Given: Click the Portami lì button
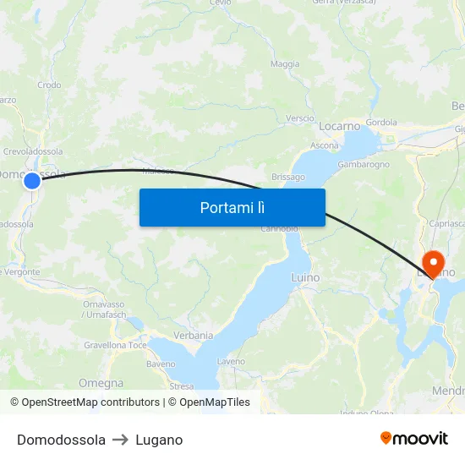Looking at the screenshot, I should [232, 207].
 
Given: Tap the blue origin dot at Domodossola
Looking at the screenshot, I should [32, 180].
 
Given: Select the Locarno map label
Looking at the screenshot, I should [339, 126].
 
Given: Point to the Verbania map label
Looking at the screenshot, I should [193, 335].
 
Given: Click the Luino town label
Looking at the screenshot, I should [304, 277].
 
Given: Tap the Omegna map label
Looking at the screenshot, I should [101, 383].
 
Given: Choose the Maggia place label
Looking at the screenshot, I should [285, 64].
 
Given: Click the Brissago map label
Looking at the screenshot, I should [287, 177].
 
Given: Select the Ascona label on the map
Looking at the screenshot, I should [325, 145].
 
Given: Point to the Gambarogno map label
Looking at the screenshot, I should [363, 164].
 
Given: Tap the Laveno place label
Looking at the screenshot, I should [231, 362].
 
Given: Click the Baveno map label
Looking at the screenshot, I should [161, 364].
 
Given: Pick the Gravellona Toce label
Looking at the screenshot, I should [115, 346].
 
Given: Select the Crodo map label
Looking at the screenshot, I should [49, 85].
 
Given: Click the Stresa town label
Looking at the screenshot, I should [181, 386].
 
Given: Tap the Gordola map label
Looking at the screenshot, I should [381, 122].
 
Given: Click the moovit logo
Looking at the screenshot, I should [413, 439].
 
